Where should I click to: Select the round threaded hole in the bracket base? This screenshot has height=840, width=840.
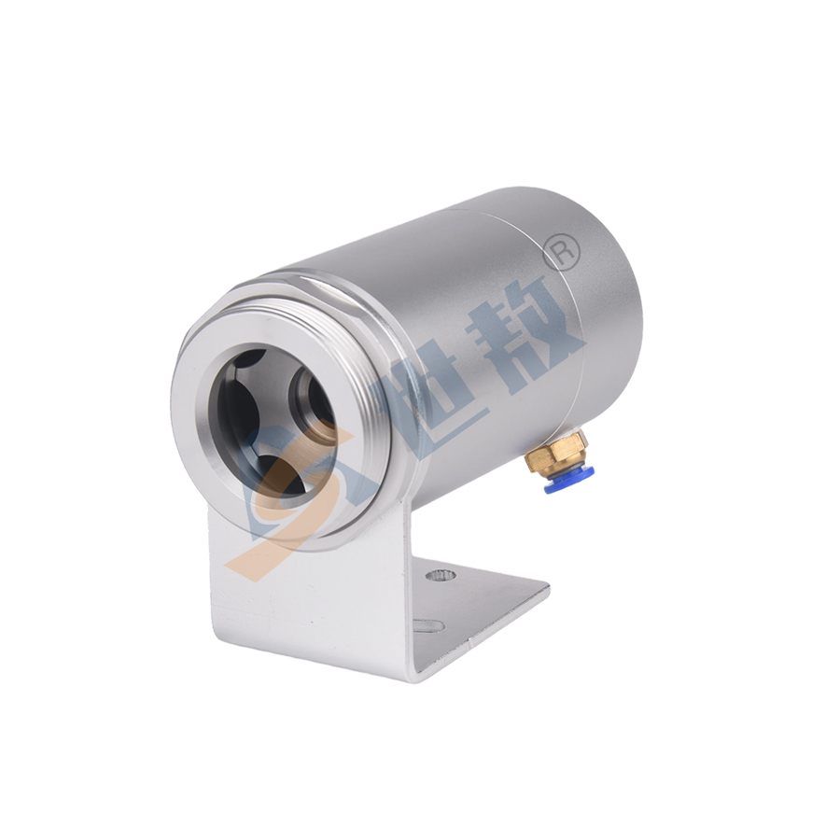coord(441,575)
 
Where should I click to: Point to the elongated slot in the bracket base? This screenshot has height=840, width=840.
coord(428,625)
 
